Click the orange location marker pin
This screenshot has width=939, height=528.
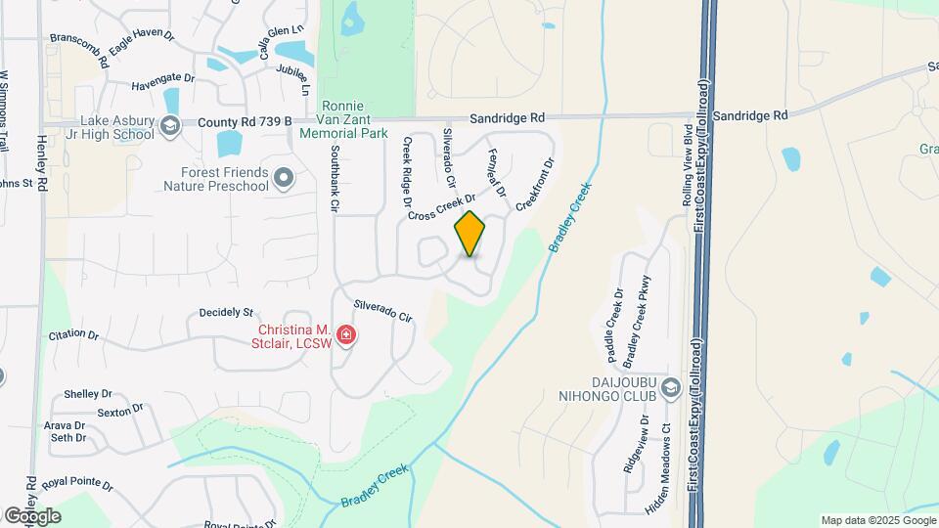pyautogui.click(x=469, y=234)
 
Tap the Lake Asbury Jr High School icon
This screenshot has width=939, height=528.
pyautogui.click(x=170, y=124)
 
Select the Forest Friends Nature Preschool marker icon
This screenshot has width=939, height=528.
pyautogui.click(x=284, y=178)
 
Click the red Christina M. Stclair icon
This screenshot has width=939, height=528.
pyautogui.click(x=345, y=336)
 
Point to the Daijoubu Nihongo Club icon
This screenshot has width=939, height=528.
pyautogui.click(x=670, y=389)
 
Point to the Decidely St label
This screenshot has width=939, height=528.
pyautogui.click(x=226, y=312)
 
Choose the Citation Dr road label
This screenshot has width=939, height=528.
pyautogui.click(x=73, y=334)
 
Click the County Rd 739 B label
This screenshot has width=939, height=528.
pyautogui.click(x=245, y=122)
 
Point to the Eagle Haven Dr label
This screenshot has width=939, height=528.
pyautogui.click(x=141, y=40)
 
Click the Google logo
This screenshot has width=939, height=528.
pyautogui.click(x=31, y=516)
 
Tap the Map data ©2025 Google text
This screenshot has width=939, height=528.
pyautogui.click(x=876, y=520)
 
